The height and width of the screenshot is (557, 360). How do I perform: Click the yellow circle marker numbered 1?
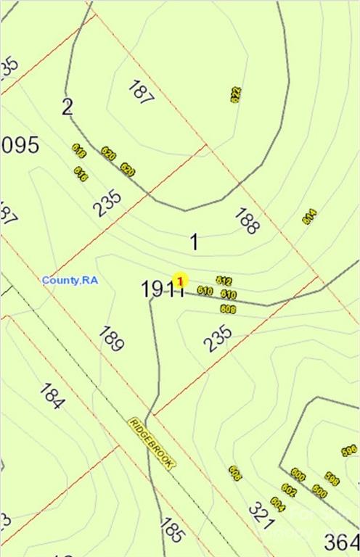coord(180,280)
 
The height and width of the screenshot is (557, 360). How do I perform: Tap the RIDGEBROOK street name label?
coord(151,442)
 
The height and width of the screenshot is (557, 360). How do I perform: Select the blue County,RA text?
coord(70,280)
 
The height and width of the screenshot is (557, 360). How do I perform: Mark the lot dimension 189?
coord(110,339)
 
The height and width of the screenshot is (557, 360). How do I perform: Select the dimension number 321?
coord(261,514)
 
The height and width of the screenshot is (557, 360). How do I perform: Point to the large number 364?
coord(342,542)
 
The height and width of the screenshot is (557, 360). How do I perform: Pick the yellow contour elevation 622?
coord(235,94)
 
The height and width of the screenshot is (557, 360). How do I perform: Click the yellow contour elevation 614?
coord(310,216)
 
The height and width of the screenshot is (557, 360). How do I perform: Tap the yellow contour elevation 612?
coord(224,281)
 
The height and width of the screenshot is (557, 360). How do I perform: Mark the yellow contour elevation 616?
coord(81,174)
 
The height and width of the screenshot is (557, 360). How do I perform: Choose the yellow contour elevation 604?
coord(277,503)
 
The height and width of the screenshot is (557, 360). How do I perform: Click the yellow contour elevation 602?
coord(289,491)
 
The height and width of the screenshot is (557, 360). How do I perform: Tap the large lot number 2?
coord(67,108)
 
